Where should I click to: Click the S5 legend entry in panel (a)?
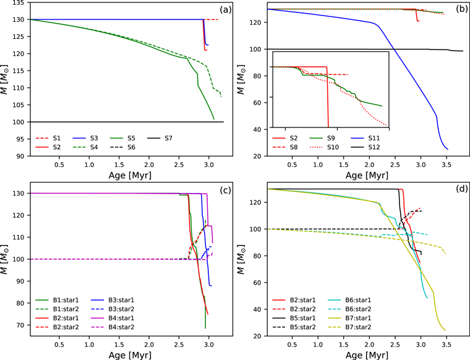(127, 137)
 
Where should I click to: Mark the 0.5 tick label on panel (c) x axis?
(59, 343)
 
